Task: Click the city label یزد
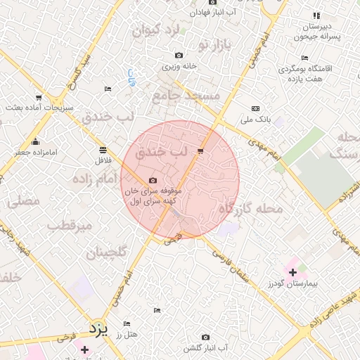pyautogui.click(x=98, y=328)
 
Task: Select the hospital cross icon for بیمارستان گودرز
pyautogui.click(x=292, y=271)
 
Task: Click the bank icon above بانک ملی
pyautogui.click(x=255, y=108)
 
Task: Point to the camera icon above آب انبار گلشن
pyautogui.click(x=205, y=337)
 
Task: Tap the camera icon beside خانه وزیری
pyautogui.click(x=179, y=56)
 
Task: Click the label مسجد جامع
pyautogui.click(x=186, y=94)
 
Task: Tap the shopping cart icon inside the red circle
pyautogui.click(x=201, y=151)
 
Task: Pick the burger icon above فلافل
pyautogui.click(x=103, y=150)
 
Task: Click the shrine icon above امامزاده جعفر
pyautogui.click(x=36, y=141)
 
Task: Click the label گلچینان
pyautogui.click(x=107, y=252)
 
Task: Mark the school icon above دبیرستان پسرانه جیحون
pyautogui.click(x=316, y=15)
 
